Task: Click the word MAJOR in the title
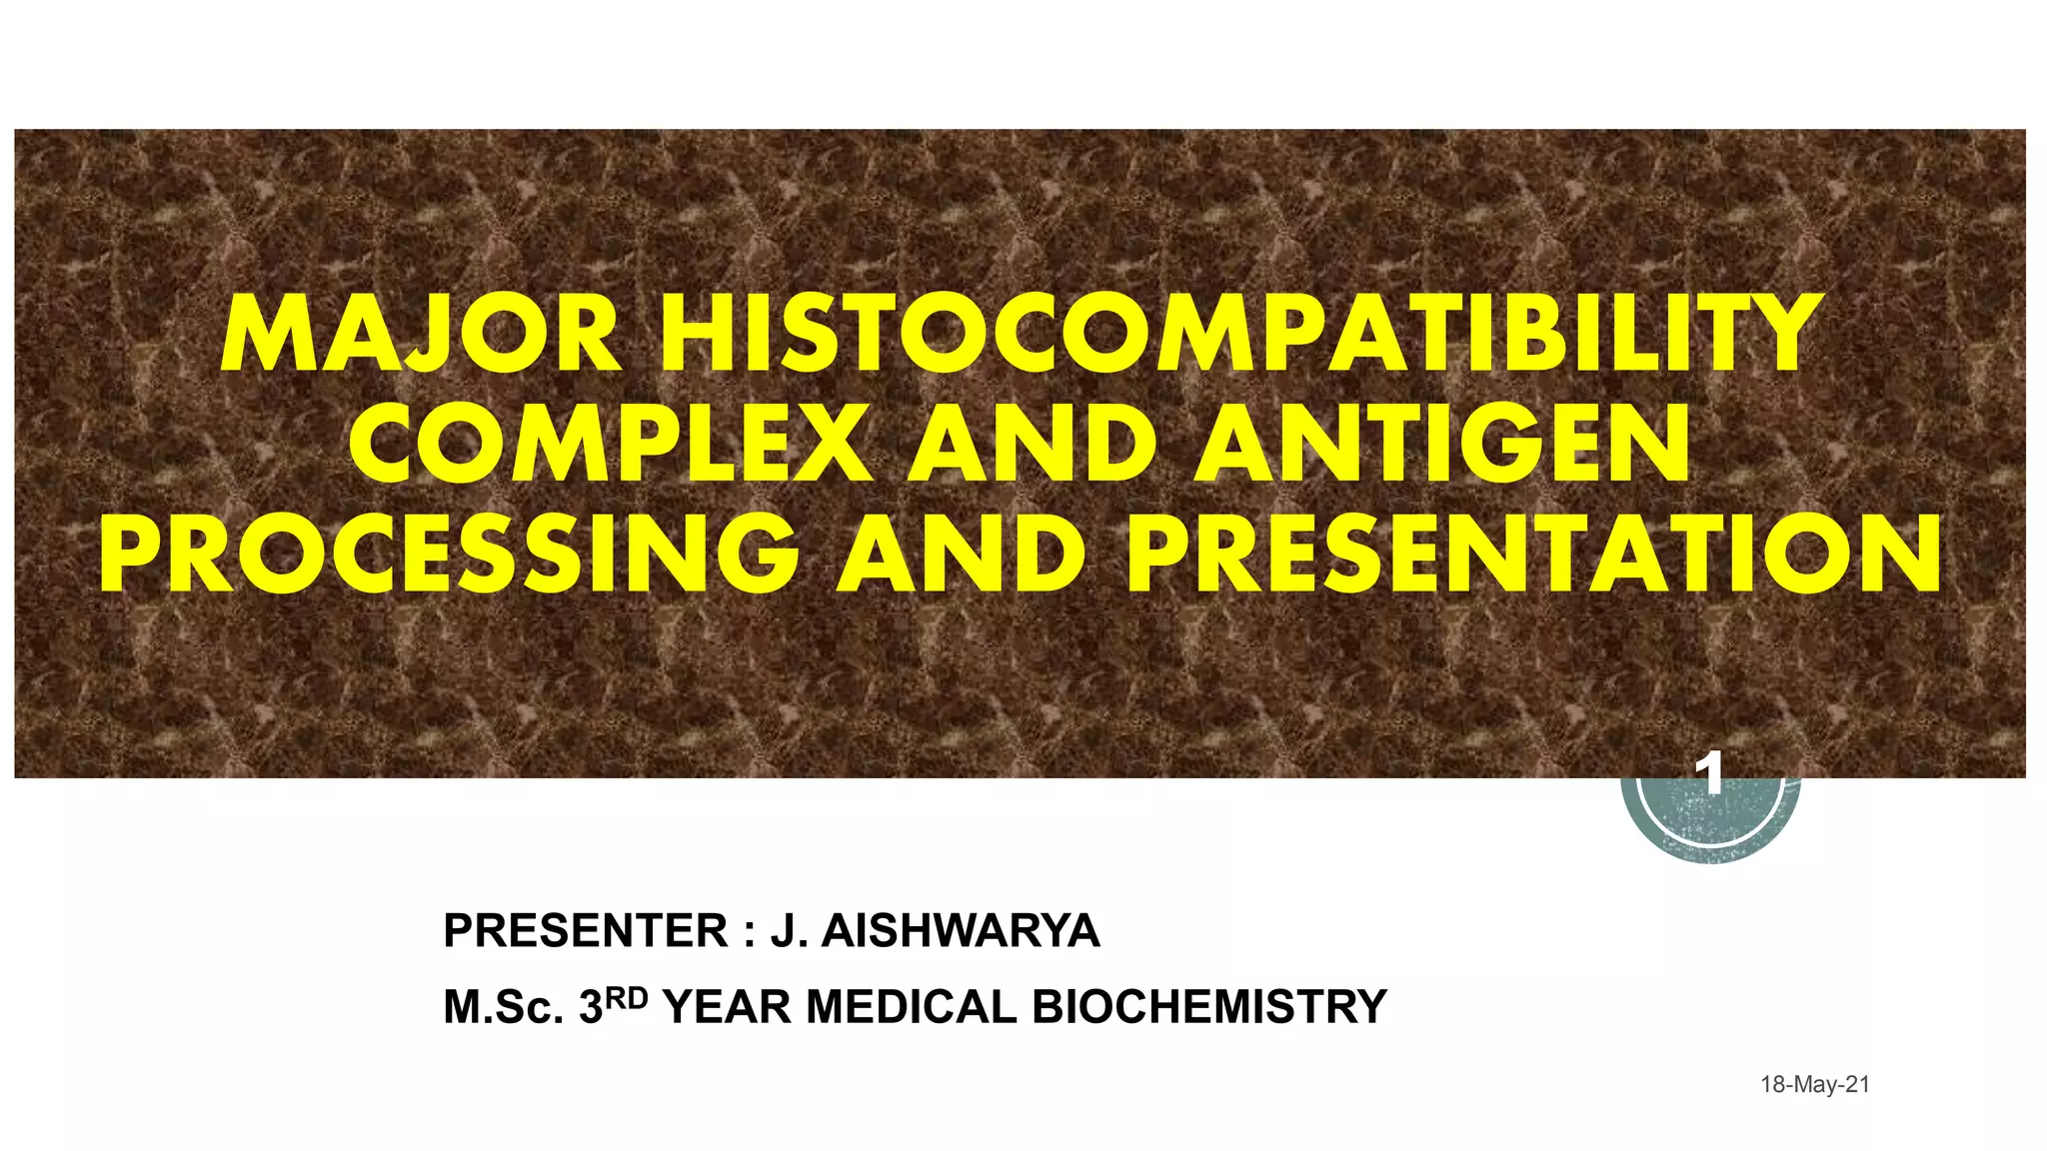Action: (422, 335)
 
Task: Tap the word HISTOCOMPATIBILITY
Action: (1235, 335)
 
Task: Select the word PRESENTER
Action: (586, 931)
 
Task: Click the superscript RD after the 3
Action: (628, 997)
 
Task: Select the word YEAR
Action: (729, 1007)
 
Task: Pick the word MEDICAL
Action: (912, 1007)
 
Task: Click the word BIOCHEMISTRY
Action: (1209, 1007)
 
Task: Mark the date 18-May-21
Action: (1814, 1085)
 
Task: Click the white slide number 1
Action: (1713, 775)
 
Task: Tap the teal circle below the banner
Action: (1711, 824)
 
